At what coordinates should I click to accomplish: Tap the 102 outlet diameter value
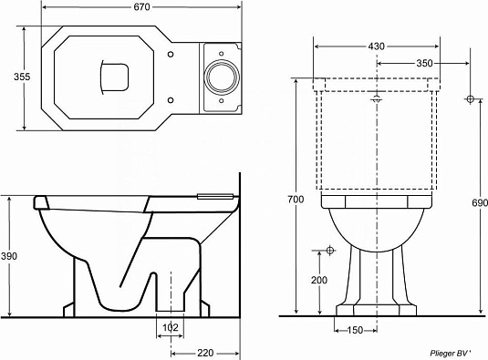(x=169, y=327)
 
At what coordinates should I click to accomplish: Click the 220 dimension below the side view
(x=204, y=352)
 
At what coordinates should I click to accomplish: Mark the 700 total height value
(x=292, y=199)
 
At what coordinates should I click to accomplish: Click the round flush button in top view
(x=220, y=78)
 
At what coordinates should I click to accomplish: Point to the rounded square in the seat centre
(x=114, y=77)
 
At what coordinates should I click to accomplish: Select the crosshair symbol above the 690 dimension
(x=470, y=98)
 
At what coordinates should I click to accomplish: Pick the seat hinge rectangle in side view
(x=215, y=193)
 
